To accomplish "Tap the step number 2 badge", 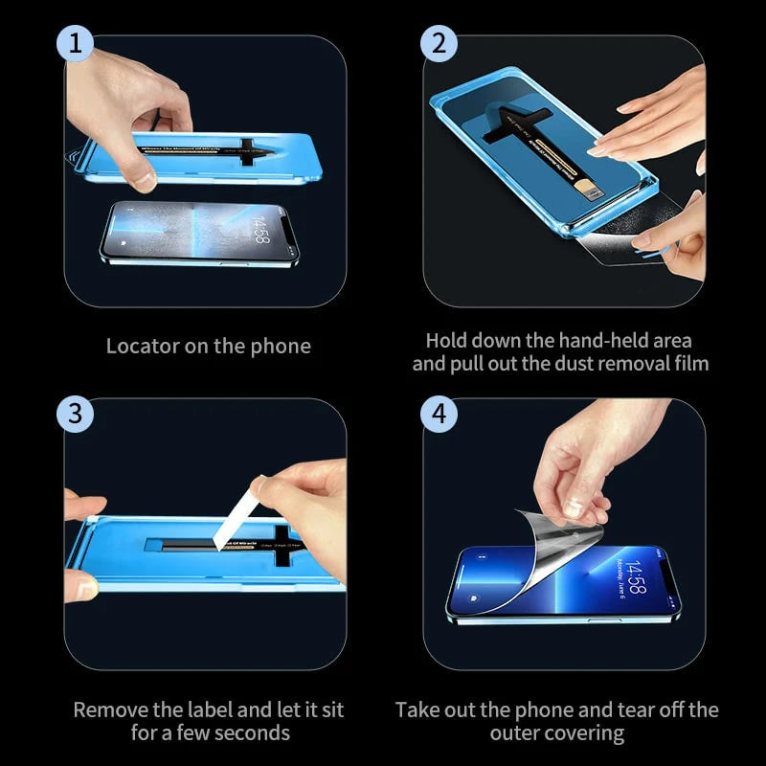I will point(439,45).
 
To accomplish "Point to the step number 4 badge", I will point(439,414).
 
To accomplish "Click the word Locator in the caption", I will point(142,347).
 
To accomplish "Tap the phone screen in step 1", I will point(191,232).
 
